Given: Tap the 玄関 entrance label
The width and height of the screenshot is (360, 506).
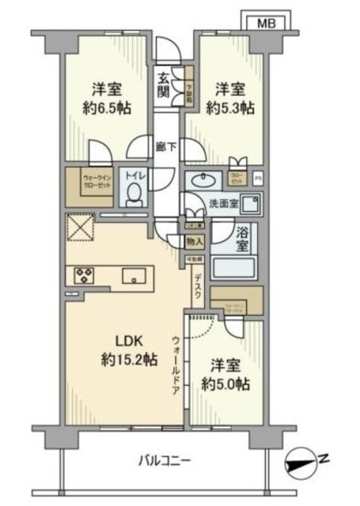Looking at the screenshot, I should point(162,84).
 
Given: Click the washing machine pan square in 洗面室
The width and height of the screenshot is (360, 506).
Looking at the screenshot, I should point(252,203).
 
